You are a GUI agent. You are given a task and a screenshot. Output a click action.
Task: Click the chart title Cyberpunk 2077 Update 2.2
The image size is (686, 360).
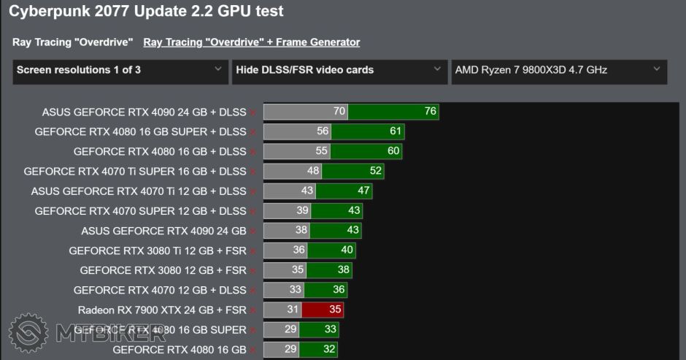(146, 12)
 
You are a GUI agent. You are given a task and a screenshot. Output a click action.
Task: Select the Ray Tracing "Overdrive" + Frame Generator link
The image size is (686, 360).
(251, 42)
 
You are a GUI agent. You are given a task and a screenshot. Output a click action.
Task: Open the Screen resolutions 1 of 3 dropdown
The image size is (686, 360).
(120, 70)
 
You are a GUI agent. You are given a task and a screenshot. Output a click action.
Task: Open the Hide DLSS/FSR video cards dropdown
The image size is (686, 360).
(339, 70)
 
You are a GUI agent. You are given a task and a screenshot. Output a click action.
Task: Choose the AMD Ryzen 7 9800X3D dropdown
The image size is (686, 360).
(558, 70)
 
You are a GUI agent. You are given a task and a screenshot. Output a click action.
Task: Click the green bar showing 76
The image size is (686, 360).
(393, 112)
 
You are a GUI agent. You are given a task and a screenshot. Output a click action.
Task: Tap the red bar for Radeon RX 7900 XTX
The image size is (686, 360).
(323, 310)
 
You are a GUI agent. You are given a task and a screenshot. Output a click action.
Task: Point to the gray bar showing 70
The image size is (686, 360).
(306, 112)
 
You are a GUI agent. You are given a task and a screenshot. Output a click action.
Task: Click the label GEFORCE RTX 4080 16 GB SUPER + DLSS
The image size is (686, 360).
(140, 131)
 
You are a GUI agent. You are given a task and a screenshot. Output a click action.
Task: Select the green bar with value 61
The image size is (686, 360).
(368, 131)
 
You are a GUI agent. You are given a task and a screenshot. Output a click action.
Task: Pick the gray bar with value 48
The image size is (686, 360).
(293, 171)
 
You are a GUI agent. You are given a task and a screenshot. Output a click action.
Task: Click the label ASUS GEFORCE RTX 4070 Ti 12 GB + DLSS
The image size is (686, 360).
(138, 191)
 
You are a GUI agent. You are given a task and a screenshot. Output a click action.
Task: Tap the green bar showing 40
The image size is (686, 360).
(332, 250)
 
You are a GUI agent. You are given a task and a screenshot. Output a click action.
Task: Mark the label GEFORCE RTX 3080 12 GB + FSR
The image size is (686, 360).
(163, 270)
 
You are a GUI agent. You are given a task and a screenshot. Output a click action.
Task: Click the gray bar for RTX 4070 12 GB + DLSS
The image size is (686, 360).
(284, 290)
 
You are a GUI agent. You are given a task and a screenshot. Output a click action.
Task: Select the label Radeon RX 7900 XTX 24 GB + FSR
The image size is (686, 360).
(161, 310)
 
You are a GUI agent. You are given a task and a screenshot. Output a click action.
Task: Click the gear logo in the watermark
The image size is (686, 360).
(28, 333)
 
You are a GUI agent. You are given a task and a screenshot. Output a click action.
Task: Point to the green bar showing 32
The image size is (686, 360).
(318, 349)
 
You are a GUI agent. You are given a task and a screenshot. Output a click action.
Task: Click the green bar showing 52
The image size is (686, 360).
(353, 171)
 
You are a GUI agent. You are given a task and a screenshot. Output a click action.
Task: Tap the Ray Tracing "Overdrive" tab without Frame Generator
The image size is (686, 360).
(72, 42)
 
